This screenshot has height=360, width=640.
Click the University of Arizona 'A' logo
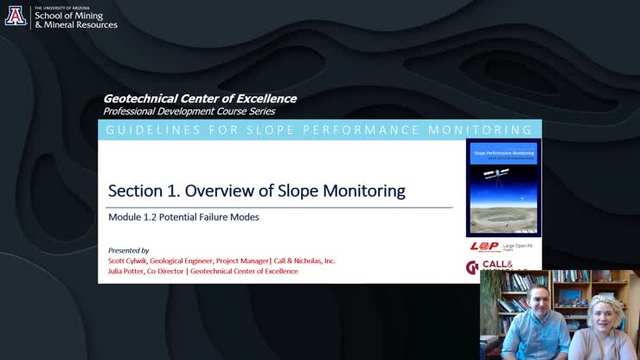pos(16,16)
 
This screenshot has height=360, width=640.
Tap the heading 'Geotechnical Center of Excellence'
pos(200,99)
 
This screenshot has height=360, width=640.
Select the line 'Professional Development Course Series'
pos(189,112)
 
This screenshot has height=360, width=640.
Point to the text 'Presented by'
pos(128,250)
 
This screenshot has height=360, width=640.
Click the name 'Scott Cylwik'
pos(127,260)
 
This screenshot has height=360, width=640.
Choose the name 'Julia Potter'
pos(126,271)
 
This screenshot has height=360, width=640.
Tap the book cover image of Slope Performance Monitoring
pos(503,187)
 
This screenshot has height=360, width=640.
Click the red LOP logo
pos(484,247)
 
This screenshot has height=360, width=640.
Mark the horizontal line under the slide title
pos(279,208)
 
